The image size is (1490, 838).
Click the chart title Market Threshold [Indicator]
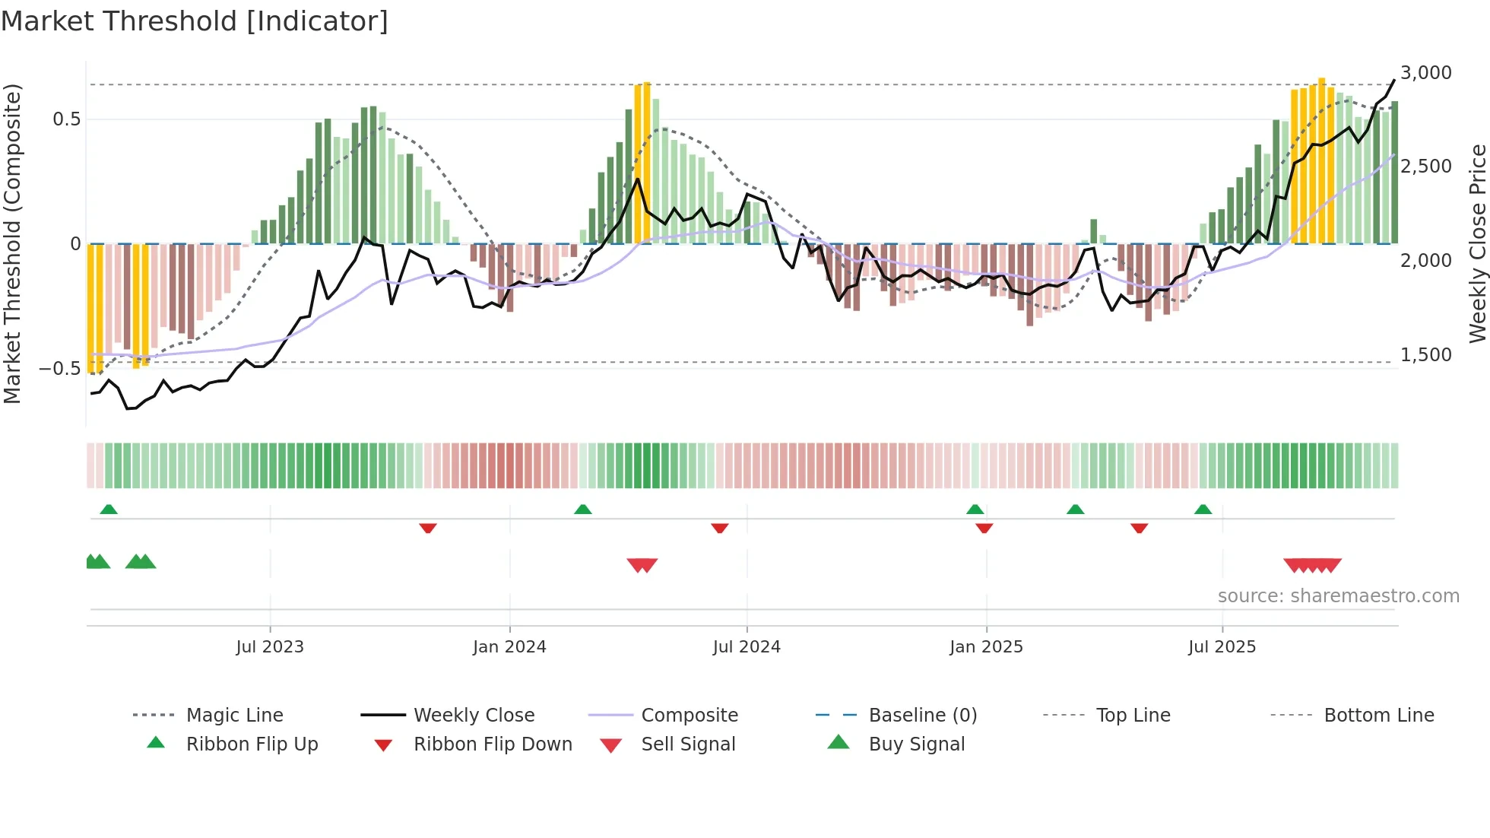pyautogui.click(x=195, y=21)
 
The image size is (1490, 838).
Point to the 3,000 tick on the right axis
pyautogui.click(x=1425, y=73)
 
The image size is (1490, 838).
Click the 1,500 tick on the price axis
pyautogui.click(x=1425, y=355)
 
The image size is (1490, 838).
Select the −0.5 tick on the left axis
pyautogui.click(x=59, y=369)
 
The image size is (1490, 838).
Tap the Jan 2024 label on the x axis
pyautogui.click(x=509, y=647)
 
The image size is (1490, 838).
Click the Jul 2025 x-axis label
pyautogui.click(x=1222, y=647)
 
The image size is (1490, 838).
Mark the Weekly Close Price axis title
pyautogui.click(x=1477, y=243)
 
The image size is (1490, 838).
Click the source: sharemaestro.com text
pyautogui.click(x=1338, y=596)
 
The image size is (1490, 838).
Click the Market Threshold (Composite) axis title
pyautogui.click(x=12, y=243)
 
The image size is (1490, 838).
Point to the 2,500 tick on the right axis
pyautogui.click(x=1425, y=167)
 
